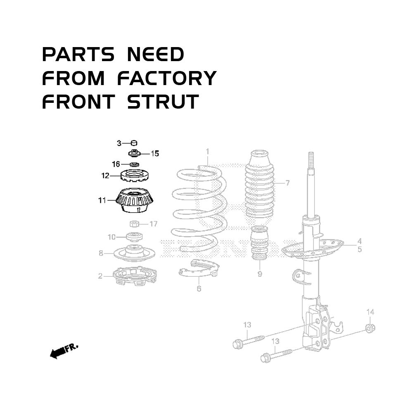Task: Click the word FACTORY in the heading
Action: point(167,78)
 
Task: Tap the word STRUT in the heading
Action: point(163,102)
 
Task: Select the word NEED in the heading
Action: point(155,55)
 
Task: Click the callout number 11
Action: point(102,201)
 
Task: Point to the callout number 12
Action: point(105,176)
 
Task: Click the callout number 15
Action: point(154,154)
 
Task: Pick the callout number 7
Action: point(287,183)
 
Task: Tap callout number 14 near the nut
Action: point(370,311)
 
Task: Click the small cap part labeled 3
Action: point(134,143)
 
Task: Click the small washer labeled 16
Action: point(134,165)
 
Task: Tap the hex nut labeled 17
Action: point(133,224)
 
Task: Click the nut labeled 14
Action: point(370,328)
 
